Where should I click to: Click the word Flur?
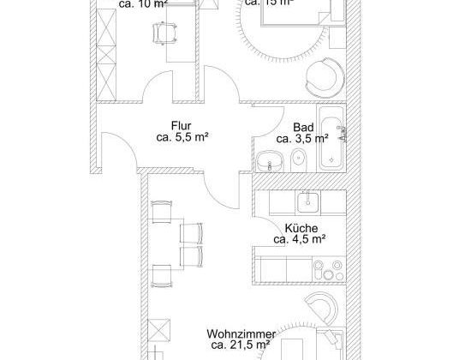pos(180,124)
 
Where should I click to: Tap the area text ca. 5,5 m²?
pos(182,136)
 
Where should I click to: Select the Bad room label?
pos(301,125)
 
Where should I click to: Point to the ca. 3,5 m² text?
pos(302,137)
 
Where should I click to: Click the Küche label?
pos(301,228)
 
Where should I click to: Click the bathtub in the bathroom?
pos(330,138)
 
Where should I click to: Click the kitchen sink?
pos(306,202)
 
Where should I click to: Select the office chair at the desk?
pos(162,33)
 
